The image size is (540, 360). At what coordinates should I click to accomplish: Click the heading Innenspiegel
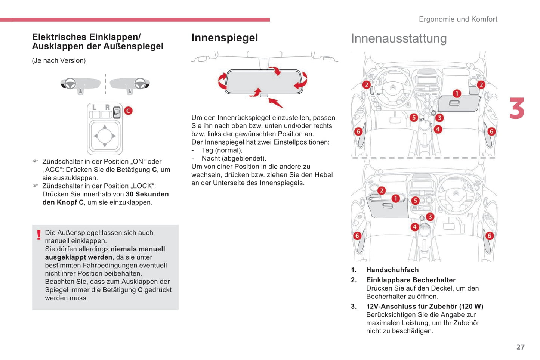click(x=225, y=38)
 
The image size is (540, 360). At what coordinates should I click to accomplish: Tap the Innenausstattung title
click(x=399, y=38)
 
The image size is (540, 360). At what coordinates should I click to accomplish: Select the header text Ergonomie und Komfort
click(x=458, y=19)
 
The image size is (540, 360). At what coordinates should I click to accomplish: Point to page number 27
click(x=520, y=347)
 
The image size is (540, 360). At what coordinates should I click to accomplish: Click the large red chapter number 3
click(x=517, y=109)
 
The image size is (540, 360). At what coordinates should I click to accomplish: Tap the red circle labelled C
click(x=128, y=111)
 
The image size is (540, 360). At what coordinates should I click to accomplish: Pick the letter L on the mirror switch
click(x=94, y=108)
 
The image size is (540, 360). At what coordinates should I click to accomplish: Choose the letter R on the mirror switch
click(x=107, y=108)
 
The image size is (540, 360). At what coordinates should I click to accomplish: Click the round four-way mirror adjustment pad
click(x=105, y=136)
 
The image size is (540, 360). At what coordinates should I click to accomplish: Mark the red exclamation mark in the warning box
click(x=39, y=235)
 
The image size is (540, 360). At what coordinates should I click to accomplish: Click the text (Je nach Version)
click(x=59, y=60)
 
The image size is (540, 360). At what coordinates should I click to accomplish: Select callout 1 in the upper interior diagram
click(x=457, y=93)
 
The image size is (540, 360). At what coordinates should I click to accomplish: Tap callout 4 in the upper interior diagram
click(x=438, y=129)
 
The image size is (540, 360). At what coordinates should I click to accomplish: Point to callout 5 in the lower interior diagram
click(x=415, y=201)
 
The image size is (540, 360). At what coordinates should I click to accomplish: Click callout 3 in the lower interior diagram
click(x=430, y=217)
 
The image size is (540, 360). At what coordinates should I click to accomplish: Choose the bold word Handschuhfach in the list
click(x=392, y=270)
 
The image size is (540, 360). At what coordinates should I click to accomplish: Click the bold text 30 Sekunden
click(x=147, y=194)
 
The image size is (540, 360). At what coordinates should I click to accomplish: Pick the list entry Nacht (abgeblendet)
click(x=234, y=158)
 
